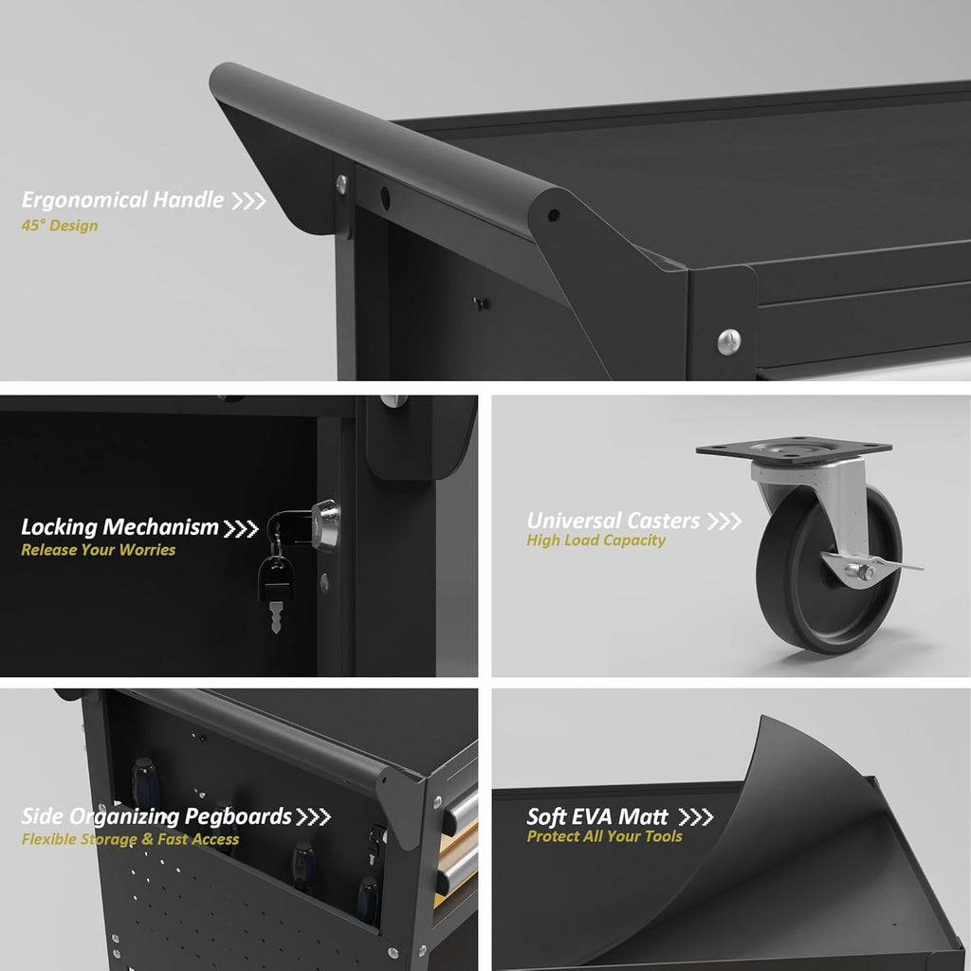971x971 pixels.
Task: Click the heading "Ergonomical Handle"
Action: click(x=122, y=200)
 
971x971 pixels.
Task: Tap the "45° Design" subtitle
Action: click(x=60, y=226)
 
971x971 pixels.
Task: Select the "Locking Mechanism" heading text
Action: click(x=119, y=527)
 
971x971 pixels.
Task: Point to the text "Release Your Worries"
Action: click(x=99, y=550)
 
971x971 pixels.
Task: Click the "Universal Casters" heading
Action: click(x=614, y=521)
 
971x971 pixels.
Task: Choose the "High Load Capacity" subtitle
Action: click(x=595, y=540)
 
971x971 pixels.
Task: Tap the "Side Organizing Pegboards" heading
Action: click(x=156, y=816)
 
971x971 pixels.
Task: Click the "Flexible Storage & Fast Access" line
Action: click(x=130, y=840)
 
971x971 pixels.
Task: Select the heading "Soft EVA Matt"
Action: click(x=597, y=816)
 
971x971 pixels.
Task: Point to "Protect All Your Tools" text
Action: click(x=604, y=836)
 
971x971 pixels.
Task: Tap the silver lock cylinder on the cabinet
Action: click(x=326, y=525)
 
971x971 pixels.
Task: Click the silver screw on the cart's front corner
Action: click(x=729, y=341)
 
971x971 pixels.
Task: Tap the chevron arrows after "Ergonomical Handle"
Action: click(x=248, y=201)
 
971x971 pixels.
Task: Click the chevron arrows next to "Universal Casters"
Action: click(x=724, y=522)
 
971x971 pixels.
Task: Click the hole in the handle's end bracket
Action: click(x=554, y=215)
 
